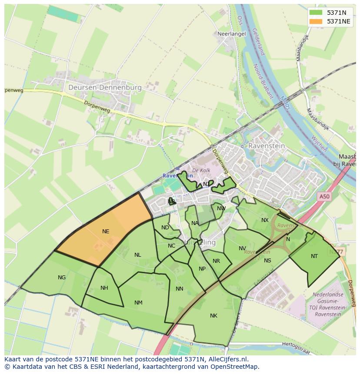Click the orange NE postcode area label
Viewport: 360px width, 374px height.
pyautogui.click(x=106, y=232)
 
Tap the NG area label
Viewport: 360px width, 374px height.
pyautogui.click(x=62, y=278)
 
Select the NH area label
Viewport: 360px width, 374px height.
pyautogui.click(x=104, y=288)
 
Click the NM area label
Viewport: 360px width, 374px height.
pyautogui.click(x=138, y=303)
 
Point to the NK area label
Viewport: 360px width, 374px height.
pyautogui.click(x=213, y=316)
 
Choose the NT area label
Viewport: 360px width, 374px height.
pyautogui.click(x=314, y=256)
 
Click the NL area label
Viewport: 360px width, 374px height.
pyautogui.click(x=138, y=255)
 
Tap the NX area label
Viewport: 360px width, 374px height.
pyautogui.click(x=265, y=220)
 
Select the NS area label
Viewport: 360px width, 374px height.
pyautogui.click(x=267, y=261)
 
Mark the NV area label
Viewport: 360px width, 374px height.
pyautogui.click(x=242, y=248)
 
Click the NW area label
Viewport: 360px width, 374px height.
pyautogui.click(x=221, y=209)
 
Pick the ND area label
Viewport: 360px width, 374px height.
pyautogui.click(x=165, y=228)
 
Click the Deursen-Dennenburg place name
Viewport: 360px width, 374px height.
pyautogui.click(x=105, y=87)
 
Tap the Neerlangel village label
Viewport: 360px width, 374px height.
pyautogui.click(x=232, y=33)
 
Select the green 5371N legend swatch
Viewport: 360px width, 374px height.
pyautogui.click(x=316, y=13)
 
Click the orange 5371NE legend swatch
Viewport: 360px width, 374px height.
pyautogui.click(x=316, y=21)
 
